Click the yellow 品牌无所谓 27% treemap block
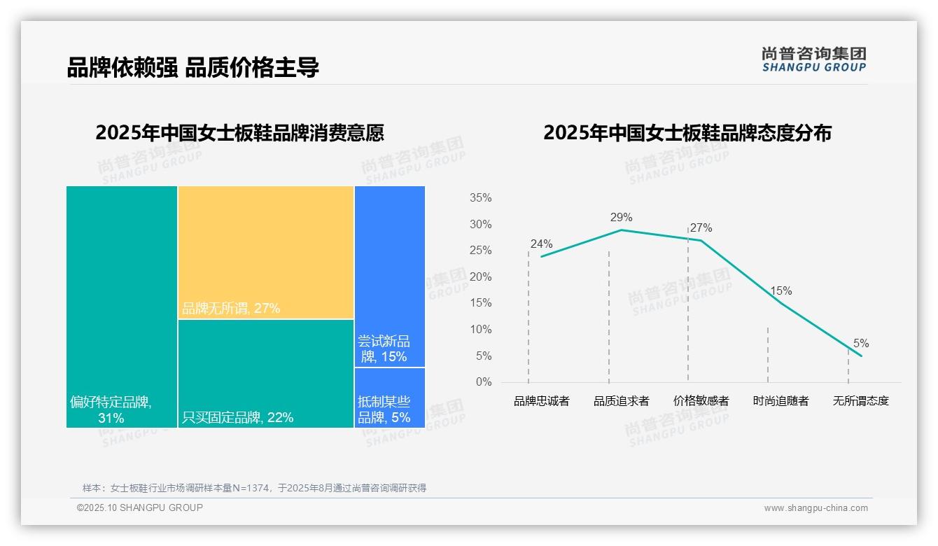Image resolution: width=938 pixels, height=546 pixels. [266, 252]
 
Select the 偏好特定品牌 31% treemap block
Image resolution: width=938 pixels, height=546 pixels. [122, 306]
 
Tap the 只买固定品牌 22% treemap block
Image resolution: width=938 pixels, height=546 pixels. [266, 373]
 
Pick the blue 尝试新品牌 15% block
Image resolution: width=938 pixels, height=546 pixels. [390, 276]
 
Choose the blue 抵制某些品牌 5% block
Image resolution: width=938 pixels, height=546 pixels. [390, 398]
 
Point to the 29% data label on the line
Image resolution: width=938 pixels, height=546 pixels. [621, 217]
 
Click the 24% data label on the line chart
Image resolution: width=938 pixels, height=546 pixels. [541, 244]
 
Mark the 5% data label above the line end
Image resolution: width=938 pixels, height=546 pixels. [861, 344]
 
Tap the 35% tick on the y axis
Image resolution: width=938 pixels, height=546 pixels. [480, 198]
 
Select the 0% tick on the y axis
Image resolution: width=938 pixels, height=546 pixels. [484, 382]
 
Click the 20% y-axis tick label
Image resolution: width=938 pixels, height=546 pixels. [480, 277]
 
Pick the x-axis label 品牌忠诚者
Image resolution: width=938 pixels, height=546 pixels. [542, 401]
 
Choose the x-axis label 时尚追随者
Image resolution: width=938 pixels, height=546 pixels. [781, 401]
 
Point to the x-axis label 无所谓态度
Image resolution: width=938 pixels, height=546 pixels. [861, 401]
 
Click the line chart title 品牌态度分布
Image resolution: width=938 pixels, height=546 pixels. [687, 133]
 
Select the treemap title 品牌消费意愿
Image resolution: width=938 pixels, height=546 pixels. [239, 133]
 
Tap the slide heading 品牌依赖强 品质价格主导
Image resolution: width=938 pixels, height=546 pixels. [193, 67]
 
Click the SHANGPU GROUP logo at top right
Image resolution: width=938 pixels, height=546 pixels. [814, 59]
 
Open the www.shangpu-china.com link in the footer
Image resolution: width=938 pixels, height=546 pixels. [815, 508]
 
